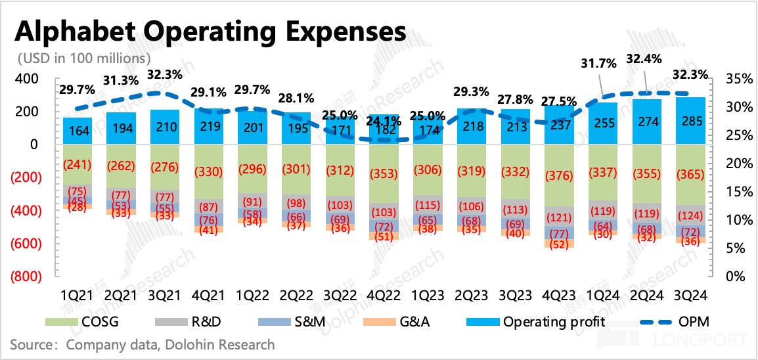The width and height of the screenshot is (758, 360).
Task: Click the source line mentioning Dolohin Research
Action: [143, 344]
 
